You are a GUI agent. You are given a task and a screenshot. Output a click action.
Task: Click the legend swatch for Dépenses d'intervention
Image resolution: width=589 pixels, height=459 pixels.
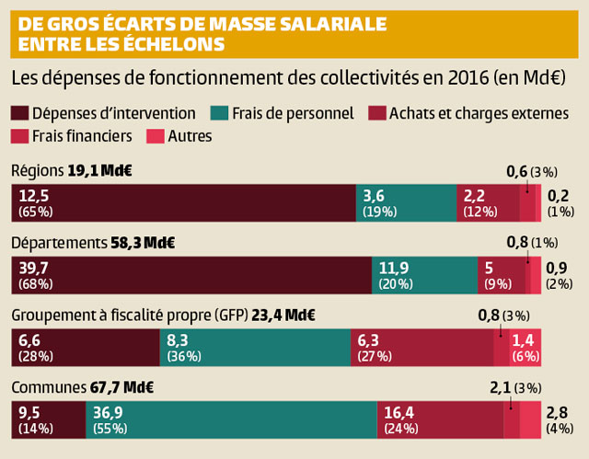19,113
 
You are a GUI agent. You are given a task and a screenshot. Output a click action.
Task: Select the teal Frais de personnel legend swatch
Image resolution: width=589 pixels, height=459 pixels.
220,113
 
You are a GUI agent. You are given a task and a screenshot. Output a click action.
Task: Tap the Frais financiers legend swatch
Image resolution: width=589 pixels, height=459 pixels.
19,136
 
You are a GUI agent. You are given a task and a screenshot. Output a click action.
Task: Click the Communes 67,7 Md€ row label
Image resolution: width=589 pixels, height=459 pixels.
82,387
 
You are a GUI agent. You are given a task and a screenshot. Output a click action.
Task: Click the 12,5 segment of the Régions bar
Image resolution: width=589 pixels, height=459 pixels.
183,203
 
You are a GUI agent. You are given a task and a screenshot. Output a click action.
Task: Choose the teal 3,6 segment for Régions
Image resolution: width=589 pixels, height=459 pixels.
406,203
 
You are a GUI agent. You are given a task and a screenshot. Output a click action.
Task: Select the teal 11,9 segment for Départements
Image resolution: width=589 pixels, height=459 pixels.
424,275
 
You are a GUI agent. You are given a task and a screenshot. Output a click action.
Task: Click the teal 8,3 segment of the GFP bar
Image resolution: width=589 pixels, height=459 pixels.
255,348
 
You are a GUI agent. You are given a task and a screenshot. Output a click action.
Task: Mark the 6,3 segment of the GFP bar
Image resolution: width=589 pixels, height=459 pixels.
422,348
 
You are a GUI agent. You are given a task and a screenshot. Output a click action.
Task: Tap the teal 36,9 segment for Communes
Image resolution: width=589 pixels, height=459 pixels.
231,419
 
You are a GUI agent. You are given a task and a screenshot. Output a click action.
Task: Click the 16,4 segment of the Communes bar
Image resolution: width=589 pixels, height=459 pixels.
440,419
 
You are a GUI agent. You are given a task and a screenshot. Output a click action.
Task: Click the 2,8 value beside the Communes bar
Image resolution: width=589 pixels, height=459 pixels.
558,411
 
